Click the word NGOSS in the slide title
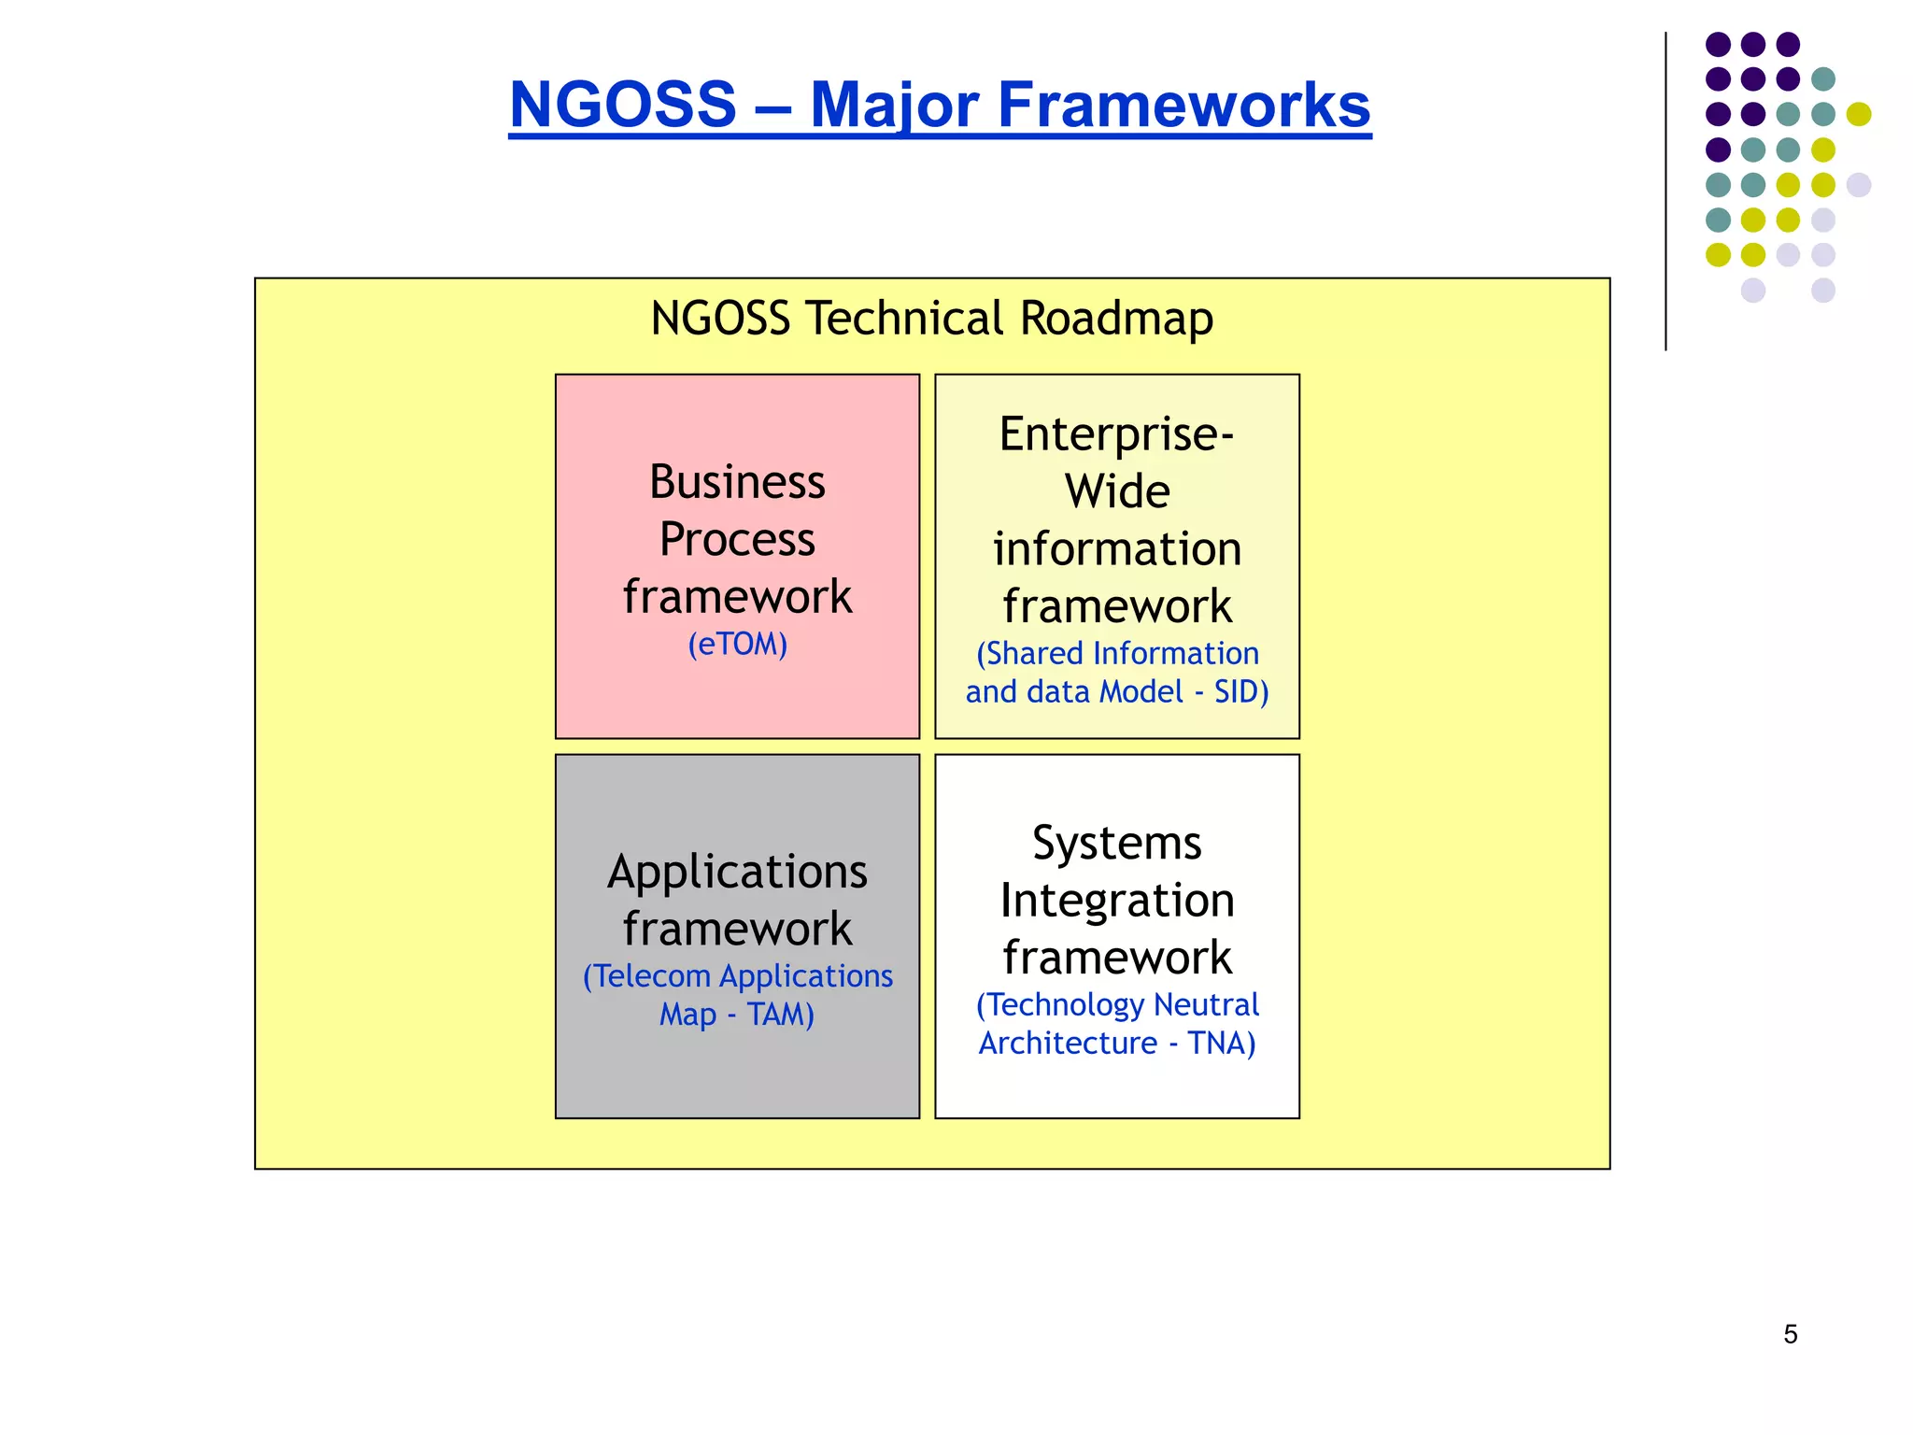pos(623,105)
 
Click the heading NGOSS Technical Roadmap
pos(931,319)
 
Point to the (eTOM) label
pos(737,644)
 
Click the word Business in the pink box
pos(737,482)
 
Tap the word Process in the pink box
pos(737,539)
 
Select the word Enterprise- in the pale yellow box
pos(1116,434)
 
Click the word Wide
pos(1117,491)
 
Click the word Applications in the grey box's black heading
pos(737,872)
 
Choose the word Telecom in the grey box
pos(652,976)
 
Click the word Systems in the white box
pos(1116,843)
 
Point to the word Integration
pos(1117,901)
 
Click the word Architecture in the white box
pos(1068,1043)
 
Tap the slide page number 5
pos(1790,1334)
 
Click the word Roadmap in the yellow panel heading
pos(1116,319)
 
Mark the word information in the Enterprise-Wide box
pos(1117,548)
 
